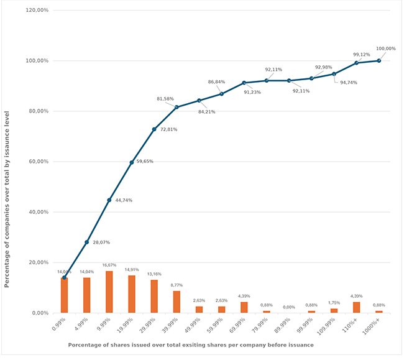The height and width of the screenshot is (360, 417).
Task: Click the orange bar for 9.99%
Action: click(x=109, y=292)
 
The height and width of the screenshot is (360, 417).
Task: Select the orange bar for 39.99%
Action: click(x=176, y=302)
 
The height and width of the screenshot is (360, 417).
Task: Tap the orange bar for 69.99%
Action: click(x=244, y=307)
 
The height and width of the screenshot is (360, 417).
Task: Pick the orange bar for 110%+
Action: click(x=356, y=307)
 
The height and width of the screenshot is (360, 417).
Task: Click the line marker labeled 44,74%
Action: click(x=109, y=200)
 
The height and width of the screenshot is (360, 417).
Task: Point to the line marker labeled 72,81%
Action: click(x=154, y=129)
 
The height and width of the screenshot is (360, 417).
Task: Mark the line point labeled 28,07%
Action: click(x=86, y=242)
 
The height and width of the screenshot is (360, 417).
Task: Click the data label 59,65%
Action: click(x=145, y=162)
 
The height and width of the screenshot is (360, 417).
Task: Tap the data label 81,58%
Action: click(x=165, y=99)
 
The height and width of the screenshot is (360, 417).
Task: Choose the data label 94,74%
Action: click(x=349, y=82)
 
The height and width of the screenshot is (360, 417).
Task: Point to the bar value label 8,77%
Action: click(x=176, y=285)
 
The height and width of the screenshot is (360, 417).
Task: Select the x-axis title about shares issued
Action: click(x=190, y=344)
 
